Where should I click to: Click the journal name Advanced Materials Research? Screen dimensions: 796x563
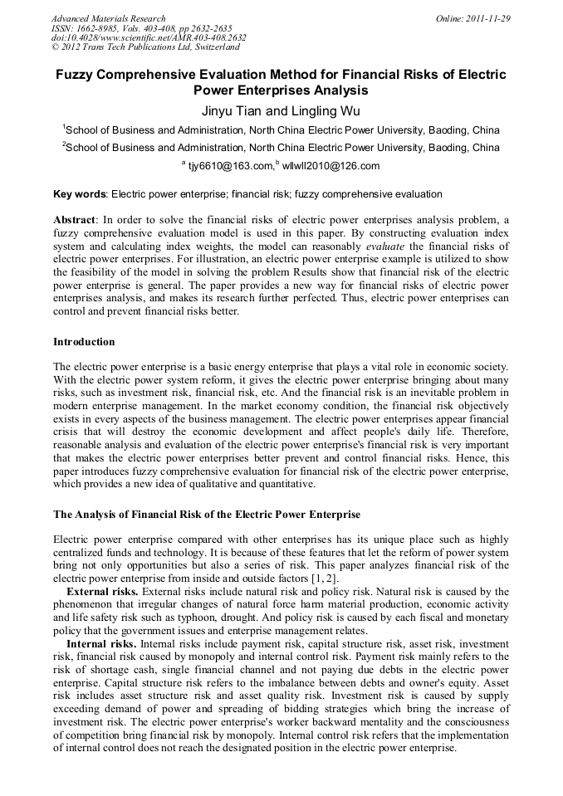tap(108, 18)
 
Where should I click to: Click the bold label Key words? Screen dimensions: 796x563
tap(80, 194)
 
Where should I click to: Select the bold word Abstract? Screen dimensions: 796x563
tap(75, 219)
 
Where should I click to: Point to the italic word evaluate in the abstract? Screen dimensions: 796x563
tap(385, 247)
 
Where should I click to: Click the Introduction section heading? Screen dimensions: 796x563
tap(84, 341)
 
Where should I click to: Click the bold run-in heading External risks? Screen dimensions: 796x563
tap(102, 591)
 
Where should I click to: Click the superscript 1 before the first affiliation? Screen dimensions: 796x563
tap(63, 127)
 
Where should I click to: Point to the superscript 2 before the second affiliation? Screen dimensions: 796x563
tap(63, 145)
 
